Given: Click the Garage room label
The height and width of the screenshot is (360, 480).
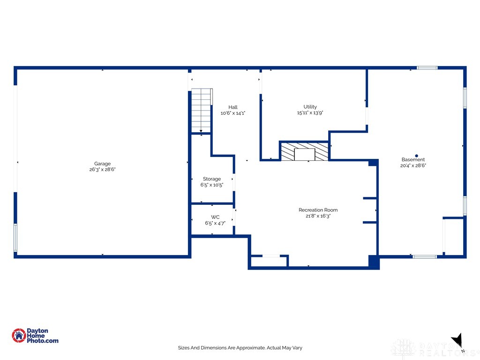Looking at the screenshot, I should [x=102, y=164].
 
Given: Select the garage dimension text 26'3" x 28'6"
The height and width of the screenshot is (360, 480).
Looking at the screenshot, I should [x=102, y=170].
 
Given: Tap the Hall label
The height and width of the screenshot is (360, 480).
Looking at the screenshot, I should [x=233, y=107].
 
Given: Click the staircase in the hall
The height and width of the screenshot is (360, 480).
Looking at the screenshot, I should [x=202, y=111].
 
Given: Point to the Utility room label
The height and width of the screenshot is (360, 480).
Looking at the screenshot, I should [x=310, y=107].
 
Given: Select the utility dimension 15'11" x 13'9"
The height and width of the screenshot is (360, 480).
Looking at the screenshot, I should [x=310, y=113].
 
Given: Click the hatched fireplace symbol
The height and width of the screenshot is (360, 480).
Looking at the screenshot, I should [x=305, y=151].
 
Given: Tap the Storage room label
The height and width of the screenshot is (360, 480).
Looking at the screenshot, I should [x=212, y=179].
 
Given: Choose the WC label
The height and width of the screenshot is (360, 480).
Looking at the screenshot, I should [x=215, y=217].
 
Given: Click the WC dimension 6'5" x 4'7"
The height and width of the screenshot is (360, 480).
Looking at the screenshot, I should [x=215, y=223].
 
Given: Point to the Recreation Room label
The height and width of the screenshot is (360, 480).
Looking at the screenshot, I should [x=318, y=210].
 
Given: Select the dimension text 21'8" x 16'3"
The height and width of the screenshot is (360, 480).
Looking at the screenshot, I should [x=318, y=216].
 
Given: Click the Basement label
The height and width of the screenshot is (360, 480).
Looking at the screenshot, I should [x=413, y=159].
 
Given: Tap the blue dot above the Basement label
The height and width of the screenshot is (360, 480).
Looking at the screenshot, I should [x=416, y=155].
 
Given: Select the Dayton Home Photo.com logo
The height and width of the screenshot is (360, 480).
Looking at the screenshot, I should [x=35, y=336].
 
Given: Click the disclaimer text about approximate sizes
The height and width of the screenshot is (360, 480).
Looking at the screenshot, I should [x=240, y=348].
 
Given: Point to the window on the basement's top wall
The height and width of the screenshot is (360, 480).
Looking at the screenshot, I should [x=427, y=68].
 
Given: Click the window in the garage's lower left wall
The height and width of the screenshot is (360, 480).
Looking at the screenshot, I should [x=15, y=238].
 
